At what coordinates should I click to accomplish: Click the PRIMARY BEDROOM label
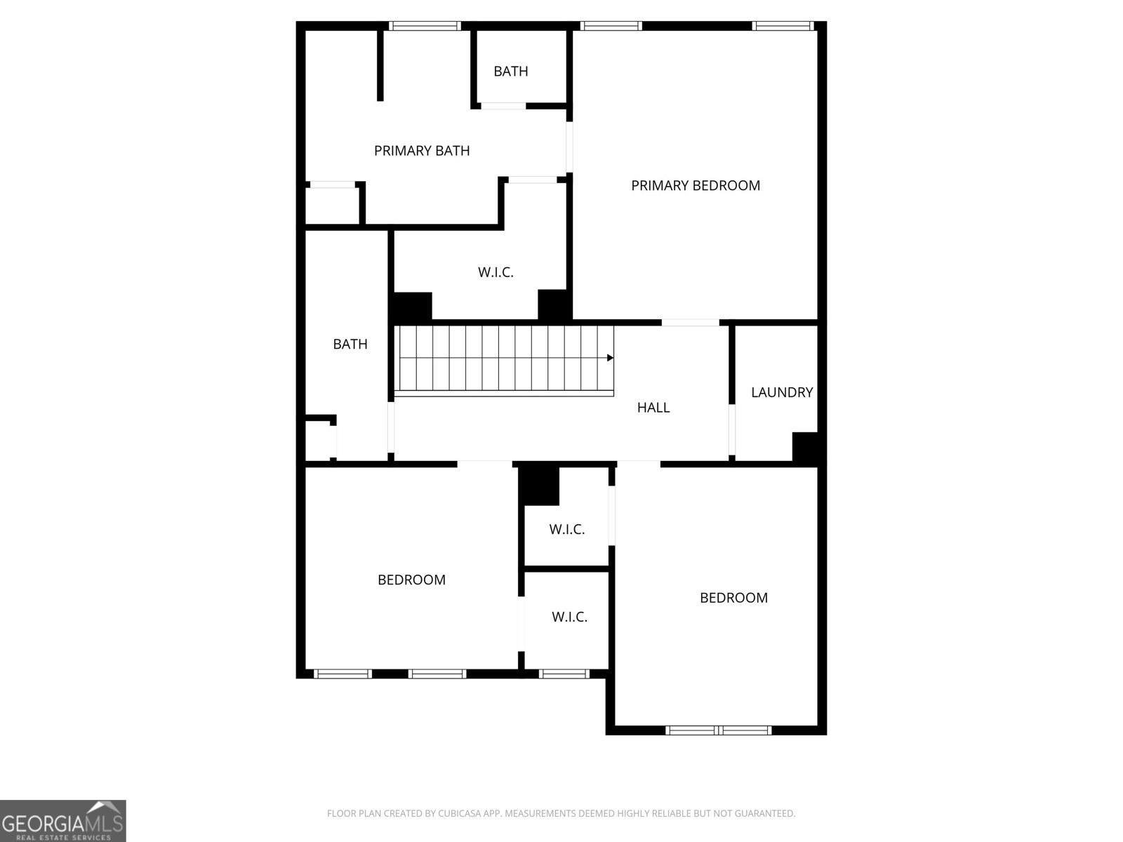point(695,185)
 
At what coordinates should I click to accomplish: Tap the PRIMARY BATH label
point(421,150)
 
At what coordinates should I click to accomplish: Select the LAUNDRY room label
point(781,392)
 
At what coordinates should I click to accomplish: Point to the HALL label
point(653,407)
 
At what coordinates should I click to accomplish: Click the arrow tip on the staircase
point(611,358)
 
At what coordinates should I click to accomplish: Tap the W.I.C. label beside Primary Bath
point(496,272)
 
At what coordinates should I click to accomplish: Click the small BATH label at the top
point(510,71)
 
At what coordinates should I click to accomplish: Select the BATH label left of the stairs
point(350,344)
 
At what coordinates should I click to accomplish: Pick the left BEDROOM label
point(411,580)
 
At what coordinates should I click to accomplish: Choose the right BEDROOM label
point(733,598)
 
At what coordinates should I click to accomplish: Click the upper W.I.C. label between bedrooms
point(566,529)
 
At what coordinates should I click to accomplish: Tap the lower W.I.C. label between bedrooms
point(569,617)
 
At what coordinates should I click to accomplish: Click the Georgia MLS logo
point(62,820)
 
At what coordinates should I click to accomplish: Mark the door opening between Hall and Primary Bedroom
point(690,323)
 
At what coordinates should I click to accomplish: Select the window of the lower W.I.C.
point(564,674)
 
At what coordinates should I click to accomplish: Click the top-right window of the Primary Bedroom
point(783,27)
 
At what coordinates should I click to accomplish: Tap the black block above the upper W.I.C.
point(539,485)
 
